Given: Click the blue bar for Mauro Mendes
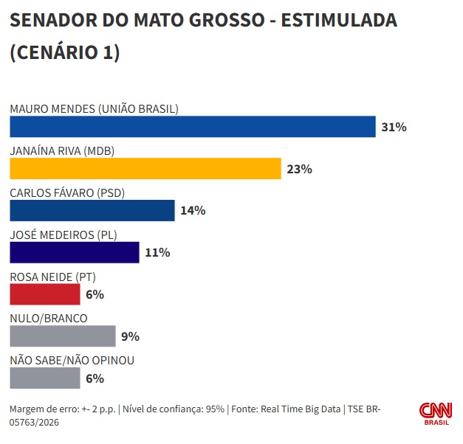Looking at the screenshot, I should (192, 127).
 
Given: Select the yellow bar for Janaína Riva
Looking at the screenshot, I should (145, 169).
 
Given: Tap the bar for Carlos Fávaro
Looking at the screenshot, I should (92, 210).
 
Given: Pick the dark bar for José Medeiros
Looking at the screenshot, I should (74, 252).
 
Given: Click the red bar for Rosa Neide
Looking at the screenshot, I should (45, 294).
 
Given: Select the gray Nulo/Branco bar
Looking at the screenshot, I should (63, 336).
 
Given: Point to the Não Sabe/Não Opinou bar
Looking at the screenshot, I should (45, 378).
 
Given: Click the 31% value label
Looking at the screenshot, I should (394, 127).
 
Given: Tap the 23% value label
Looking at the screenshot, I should (299, 169).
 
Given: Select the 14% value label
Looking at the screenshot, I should (192, 210).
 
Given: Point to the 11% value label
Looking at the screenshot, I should (157, 252).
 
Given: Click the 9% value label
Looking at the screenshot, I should (130, 336).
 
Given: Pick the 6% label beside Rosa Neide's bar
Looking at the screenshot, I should (95, 294).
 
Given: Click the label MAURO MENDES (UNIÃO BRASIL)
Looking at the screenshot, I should (94, 109).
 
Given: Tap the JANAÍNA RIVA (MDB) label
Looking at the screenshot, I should (61, 151).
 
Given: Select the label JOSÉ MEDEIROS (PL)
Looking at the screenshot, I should (64, 235).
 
